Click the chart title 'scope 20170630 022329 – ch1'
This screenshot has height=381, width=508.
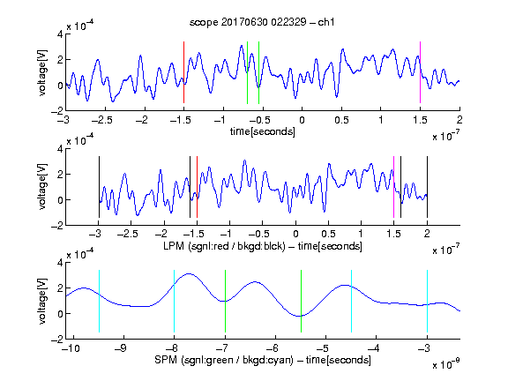262,22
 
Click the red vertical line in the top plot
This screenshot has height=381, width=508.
183,72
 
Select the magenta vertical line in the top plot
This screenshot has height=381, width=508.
420,72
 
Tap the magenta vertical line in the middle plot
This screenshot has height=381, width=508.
393,187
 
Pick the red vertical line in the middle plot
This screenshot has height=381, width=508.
197,187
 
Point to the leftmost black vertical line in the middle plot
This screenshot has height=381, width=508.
99,187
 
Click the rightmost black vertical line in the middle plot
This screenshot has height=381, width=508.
427,187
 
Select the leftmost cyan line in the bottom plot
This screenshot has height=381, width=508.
99,301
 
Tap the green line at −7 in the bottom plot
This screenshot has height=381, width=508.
225,301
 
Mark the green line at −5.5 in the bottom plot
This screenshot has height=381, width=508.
301,301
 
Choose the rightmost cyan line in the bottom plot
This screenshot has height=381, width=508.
427,301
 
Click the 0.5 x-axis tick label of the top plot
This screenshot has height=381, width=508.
341,120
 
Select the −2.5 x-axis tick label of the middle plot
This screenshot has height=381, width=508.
128,234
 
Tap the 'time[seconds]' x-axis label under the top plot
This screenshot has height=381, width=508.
263,131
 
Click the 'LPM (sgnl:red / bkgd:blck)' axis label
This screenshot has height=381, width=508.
224,246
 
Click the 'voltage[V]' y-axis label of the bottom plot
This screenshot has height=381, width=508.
42,301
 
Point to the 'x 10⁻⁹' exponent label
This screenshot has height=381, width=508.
446,364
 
